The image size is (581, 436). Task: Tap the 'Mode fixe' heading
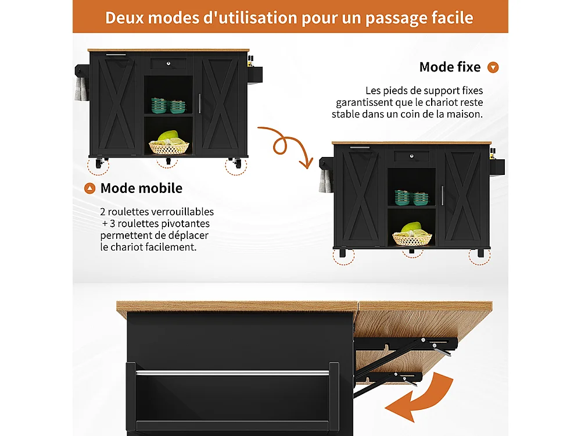[450, 67]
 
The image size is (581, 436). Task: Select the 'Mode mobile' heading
[141, 188]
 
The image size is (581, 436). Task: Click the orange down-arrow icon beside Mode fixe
[493, 67]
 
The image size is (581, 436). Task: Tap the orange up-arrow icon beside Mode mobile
[89, 188]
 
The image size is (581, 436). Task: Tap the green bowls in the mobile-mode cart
[168, 105]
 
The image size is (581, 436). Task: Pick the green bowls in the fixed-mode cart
[411, 198]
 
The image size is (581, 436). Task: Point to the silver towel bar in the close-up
[232, 371]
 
